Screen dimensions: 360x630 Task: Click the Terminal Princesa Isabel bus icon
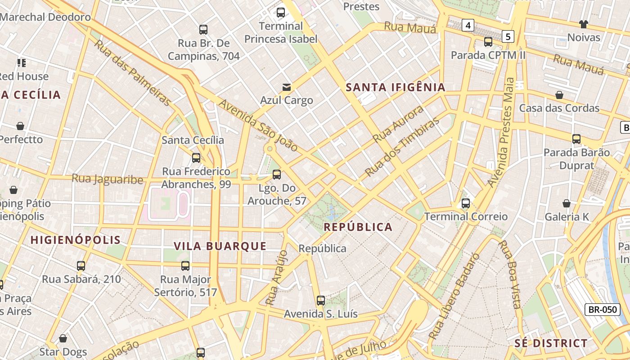[281, 13]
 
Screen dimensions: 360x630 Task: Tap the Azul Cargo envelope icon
[286, 87]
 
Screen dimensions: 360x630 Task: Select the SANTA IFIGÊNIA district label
[396, 87]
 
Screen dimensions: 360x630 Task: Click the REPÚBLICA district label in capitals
[358, 227]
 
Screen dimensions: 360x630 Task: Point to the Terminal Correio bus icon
[466, 203]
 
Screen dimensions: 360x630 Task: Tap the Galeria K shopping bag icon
[567, 203]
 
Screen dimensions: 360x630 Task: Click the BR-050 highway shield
[603, 310]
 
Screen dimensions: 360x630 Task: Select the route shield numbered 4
[468, 25]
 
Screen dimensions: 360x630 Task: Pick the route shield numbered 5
[508, 36]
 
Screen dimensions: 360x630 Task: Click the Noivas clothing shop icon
[584, 24]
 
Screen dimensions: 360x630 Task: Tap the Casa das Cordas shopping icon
[559, 95]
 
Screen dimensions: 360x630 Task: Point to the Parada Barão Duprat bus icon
[576, 139]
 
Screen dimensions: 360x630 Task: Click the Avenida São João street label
[258, 126]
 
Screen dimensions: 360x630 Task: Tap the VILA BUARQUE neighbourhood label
[220, 246]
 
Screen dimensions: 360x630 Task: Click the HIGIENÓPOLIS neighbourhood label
[76, 240]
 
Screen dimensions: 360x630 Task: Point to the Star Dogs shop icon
[63, 338]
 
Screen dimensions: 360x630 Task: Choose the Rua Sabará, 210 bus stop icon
[81, 266]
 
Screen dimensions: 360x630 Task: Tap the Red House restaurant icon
[22, 63]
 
